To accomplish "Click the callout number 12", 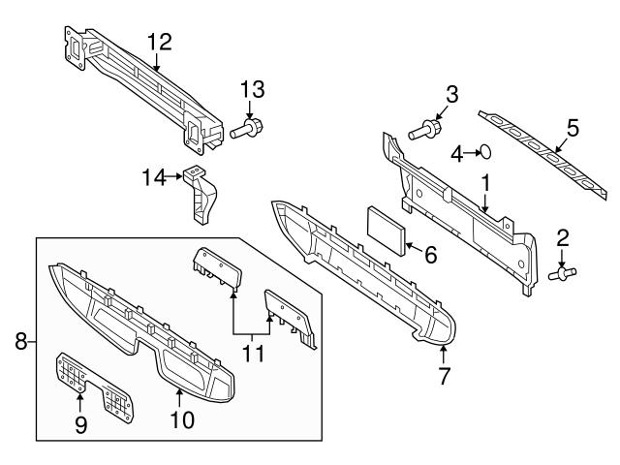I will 158,41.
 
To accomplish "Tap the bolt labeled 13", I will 252,127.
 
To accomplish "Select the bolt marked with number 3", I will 425,128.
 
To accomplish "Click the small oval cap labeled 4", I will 488,151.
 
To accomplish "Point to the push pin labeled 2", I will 561,274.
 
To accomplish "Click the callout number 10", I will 181,420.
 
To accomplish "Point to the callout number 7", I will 444,375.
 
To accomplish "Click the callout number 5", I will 572,127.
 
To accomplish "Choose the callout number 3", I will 451,94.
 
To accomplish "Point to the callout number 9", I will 80,423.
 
